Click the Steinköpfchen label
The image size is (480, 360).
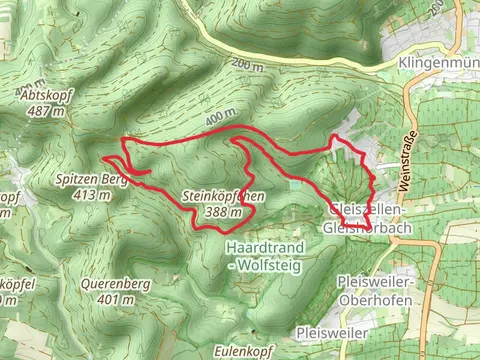click(x=224, y=198)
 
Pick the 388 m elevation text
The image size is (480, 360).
click(x=224, y=212)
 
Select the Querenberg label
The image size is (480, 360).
click(x=117, y=284)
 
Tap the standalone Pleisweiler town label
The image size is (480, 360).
click(x=331, y=331)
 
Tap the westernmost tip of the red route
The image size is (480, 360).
click(x=103, y=157)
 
